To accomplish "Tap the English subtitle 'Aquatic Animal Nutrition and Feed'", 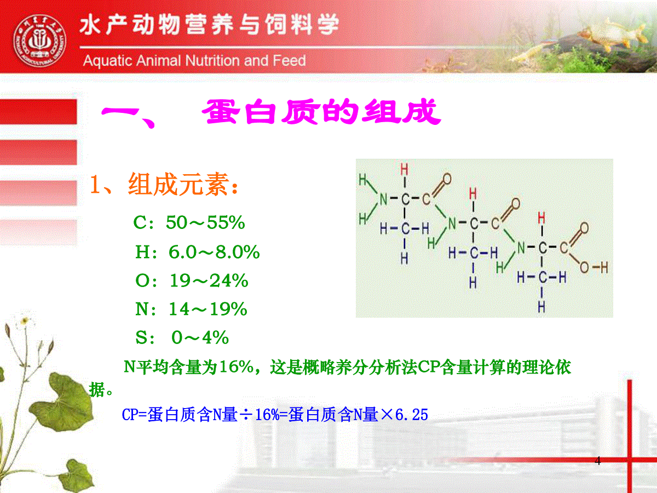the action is pyautogui.click(x=194, y=60).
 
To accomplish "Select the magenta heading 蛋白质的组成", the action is pyautogui.click(x=321, y=112).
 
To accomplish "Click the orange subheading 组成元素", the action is pyautogui.click(x=178, y=184).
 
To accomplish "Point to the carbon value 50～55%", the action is pyautogui.click(x=205, y=222).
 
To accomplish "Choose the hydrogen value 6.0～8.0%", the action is pyautogui.click(x=214, y=252).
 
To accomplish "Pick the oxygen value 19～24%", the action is pyautogui.click(x=209, y=280).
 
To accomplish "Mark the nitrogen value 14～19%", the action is pyautogui.click(x=208, y=309).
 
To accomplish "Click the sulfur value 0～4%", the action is pyautogui.click(x=200, y=337).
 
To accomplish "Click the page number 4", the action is pyautogui.click(x=597, y=461).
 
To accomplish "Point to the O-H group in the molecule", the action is pyautogui.click(x=594, y=267).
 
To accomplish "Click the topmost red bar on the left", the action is pyautogui.click(x=39, y=111).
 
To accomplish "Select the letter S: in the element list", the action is pyautogui.click(x=146, y=337).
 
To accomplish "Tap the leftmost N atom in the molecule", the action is pyautogui.click(x=383, y=199).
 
